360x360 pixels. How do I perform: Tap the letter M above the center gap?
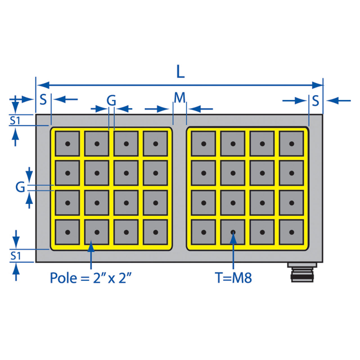(180, 98)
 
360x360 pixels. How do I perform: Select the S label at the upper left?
(43, 99)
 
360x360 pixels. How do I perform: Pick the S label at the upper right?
(316, 101)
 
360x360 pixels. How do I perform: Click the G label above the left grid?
(111, 100)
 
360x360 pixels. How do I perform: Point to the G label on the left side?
(20, 187)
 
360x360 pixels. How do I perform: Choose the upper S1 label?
(15, 121)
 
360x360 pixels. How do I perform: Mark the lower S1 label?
(16, 256)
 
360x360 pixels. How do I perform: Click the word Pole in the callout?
(63, 278)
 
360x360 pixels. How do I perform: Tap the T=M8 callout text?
(233, 278)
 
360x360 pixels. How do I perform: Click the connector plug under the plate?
(302, 272)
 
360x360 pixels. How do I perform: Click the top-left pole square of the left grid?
(67, 144)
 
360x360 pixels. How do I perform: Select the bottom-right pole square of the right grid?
(291, 232)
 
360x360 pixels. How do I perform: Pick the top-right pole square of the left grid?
(155, 144)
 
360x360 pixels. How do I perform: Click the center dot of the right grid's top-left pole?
(204, 144)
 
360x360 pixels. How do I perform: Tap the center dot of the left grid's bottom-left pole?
(67, 232)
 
